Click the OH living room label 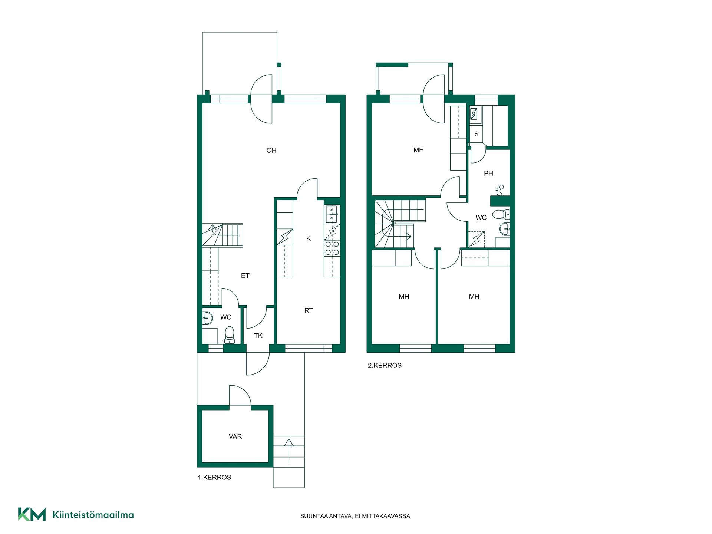pos(271,150)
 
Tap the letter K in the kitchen pos(309,238)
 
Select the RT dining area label pos(309,310)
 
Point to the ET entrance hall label pos(245,276)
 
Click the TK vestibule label pos(258,336)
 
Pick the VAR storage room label pos(235,436)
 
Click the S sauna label pos(477,134)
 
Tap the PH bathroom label pos(488,173)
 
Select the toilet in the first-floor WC pos(230,335)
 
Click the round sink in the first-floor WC pos(207,318)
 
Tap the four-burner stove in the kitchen pos(332,248)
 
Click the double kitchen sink pos(332,214)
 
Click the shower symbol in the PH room pos(500,190)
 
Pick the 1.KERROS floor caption pos(214,477)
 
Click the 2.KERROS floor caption pos(385,365)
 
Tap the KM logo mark pos(32,514)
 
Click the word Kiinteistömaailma pos(93,515)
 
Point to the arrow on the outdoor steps pos(289,451)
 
